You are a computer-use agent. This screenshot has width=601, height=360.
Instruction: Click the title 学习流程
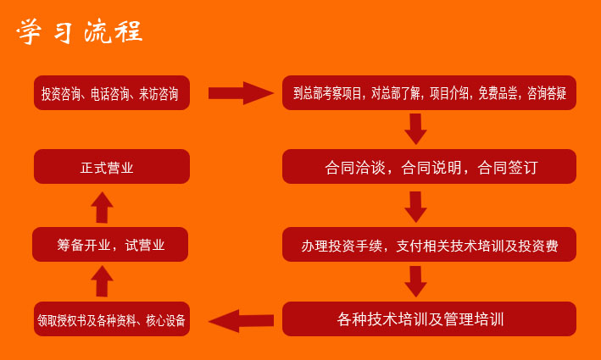coord(80,31)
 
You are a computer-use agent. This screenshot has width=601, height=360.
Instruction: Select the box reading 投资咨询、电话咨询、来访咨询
coord(112,92)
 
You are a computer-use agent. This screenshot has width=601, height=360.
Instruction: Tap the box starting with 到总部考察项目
coord(429,92)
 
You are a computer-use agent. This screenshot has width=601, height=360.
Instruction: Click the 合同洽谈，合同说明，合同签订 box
coord(429,167)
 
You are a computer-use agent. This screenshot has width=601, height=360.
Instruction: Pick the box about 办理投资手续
coord(429,244)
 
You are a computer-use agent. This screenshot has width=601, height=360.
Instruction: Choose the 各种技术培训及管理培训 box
coord(429,319)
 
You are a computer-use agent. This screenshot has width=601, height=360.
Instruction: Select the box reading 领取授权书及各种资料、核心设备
coord(112,319)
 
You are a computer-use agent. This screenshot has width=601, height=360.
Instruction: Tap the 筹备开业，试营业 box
coord(110,244)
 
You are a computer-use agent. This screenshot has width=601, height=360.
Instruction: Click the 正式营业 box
coord(112,167)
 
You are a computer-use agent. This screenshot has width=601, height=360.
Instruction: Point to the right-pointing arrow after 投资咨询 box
coord(241,93)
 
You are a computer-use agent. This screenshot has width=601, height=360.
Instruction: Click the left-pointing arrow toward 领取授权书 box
coord(241,320)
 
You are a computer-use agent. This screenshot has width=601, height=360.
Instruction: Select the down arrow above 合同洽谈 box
coord(415,129)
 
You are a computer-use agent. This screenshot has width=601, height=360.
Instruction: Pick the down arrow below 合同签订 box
coord(415,207)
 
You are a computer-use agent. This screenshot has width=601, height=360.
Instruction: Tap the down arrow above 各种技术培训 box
coord(415,281)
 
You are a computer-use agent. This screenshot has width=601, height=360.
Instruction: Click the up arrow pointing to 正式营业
coord(102,208)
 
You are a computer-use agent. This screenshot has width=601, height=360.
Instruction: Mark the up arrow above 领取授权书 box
coord(102,281)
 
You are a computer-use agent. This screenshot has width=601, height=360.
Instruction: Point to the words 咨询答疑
coord(547,93)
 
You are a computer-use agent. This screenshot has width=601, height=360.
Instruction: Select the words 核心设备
coord(165,320)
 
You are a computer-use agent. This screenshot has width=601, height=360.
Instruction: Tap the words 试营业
coord(145,245)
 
